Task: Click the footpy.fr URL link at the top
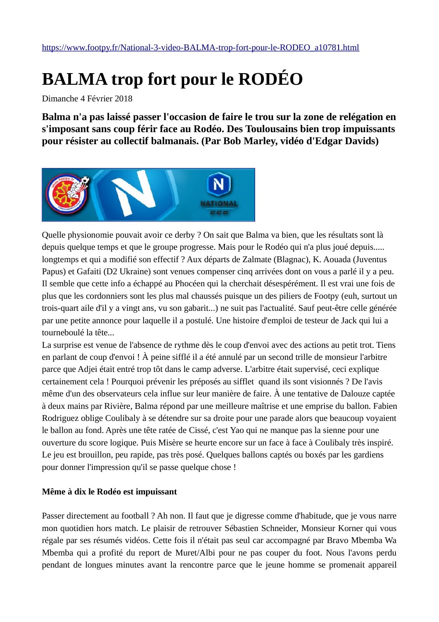[200, 47]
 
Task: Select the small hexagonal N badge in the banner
[219, 184]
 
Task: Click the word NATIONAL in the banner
[219, 204]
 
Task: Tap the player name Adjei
[89, 369]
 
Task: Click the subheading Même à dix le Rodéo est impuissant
[109, 492]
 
